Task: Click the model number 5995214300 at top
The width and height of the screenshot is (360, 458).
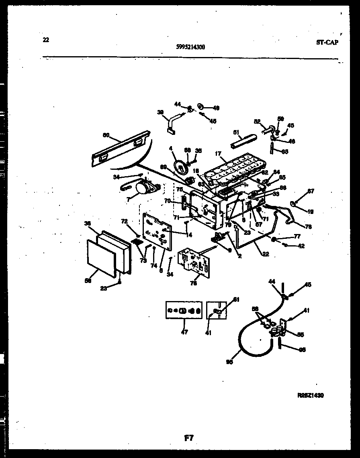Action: pos(190,47)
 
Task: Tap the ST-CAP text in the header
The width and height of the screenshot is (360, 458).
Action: pos(326,43)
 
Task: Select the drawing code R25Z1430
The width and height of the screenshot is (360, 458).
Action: pos(310,395)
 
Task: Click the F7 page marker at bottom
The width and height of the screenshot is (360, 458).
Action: pos(188,439)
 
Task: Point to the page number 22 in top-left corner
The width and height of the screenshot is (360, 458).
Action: pos(46,39)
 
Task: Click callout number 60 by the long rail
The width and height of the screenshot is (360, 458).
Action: pos(106,136)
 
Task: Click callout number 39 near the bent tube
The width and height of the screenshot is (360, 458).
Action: pos(160,113)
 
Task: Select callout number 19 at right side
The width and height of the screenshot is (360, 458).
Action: pos(311,212)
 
